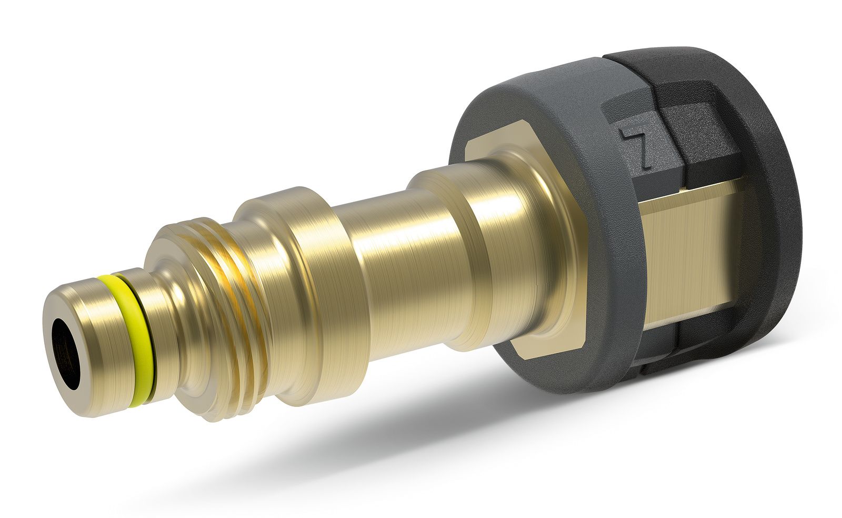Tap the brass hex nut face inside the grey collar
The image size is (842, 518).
(x=526, y=244)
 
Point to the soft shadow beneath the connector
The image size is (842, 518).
(x=489, y=432)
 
